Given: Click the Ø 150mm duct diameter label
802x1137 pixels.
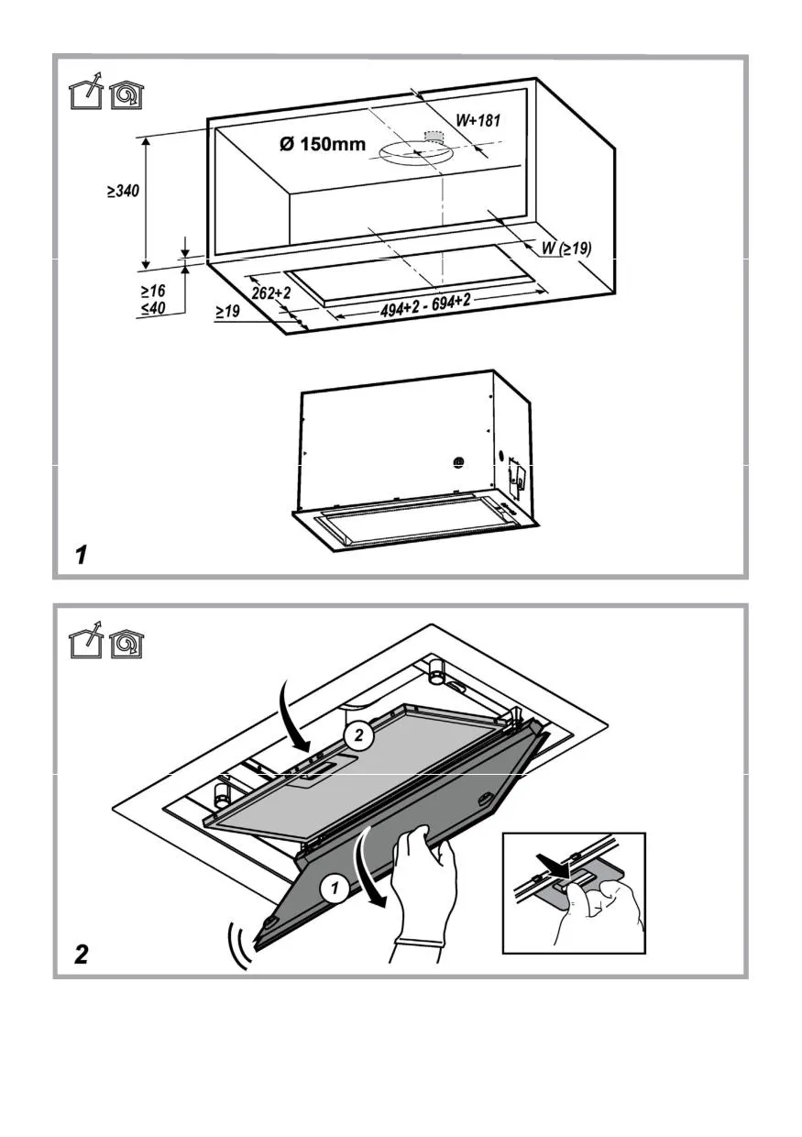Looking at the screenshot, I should pyautogui.click(x=322, y=144).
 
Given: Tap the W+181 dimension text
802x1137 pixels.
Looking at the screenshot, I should pyautogui.click(x=478, y=120).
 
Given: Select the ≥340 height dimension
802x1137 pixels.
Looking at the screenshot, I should pyautogui.click(x=121, y=192).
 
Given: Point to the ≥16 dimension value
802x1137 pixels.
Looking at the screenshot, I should pyautogui.click(x=152, y=290).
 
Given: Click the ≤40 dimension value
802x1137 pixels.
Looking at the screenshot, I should pyautogui.click(x=152, y=308).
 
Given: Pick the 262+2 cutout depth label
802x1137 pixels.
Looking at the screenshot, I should pyautogui.click(x=271, y=293).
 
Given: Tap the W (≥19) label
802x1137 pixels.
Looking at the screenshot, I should pyautogui.click(x=566, y=248).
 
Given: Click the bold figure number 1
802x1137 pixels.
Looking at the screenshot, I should pyautogui.click(x=82, y=555).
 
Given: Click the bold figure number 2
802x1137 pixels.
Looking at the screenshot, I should pyautogui.click(x=82, y=955).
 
